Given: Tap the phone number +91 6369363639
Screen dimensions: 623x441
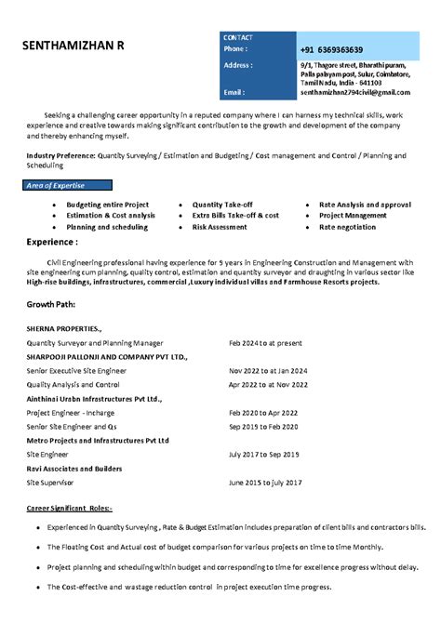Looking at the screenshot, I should pyautogui.click(x=331, y=49).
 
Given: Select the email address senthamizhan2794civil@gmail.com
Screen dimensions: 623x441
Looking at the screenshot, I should pyautogui.click(x=354, y=92).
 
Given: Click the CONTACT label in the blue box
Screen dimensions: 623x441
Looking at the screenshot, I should pyautogui.click(x=238, y=37).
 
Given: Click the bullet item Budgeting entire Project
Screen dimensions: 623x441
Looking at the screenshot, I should pyautogui.click(x=107, y=204).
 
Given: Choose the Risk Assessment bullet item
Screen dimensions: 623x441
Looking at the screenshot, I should pyautogui.click(x=220, y=226).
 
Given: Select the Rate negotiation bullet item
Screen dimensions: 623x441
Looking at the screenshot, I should pyautogui.click(x=347, y=226).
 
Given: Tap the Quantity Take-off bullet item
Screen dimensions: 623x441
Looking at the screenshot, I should pyautogui.click(x=222, y=204).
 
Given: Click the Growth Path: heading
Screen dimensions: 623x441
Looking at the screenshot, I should pyautogui.click(x=51, y=304).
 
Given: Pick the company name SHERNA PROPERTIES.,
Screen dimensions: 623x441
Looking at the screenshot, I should pyautogui.click(x=64, y=329).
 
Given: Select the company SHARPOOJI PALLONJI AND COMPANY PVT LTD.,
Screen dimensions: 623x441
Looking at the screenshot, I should pyautogui.click(x=107, y=356).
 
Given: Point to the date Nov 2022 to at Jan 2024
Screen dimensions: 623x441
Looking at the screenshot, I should pyautogui.click(x=268, y=370).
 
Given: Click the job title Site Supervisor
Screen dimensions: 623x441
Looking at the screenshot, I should pyautogui.click(x=51, y=483).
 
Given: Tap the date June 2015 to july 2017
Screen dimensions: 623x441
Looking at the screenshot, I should pyautogui.click(x=265, y=483).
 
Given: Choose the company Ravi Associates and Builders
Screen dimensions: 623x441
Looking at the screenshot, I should pyautogui.click(x=74, y=469).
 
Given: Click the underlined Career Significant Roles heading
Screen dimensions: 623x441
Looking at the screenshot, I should pyautogui.click(x=70, y=509).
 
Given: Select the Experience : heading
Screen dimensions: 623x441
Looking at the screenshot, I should pyautogui.click(x=52, y=241).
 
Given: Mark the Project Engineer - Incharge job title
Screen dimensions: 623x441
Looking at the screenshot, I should pyautogui.click(x=71, y=412).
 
